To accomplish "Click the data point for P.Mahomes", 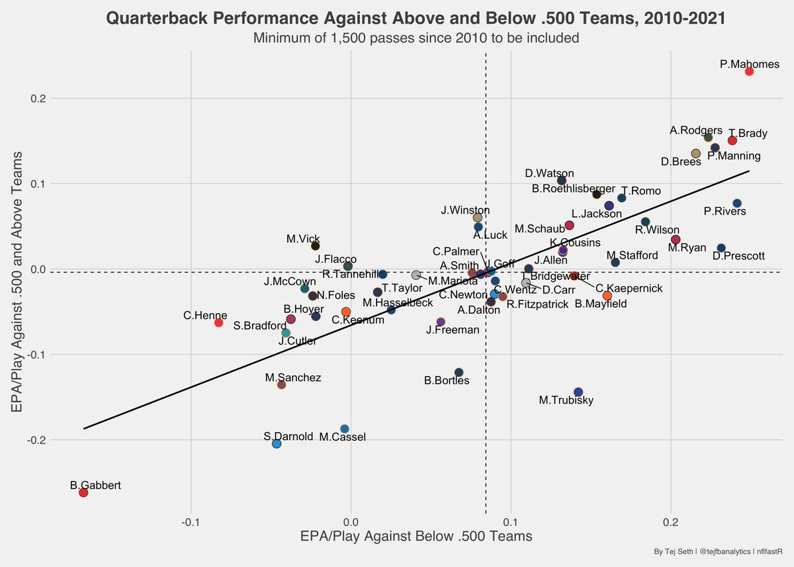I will coord(749,71).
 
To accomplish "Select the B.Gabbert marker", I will coord(83,492).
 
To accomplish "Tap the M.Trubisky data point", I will coord(578,392).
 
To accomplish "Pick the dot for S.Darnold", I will coord(277,444).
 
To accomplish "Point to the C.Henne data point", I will coord(218,322).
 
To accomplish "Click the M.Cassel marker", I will coord(344,429).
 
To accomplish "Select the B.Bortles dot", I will coord(459,372).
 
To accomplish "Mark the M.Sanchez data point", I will coord(281,384).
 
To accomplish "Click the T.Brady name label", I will coord(748,133).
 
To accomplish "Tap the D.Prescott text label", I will coord(738,255).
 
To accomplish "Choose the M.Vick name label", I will coord(304,238).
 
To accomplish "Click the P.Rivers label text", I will coord(725,212).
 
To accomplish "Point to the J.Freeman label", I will coord(453,329).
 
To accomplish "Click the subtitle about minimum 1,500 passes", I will coord(416,38).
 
